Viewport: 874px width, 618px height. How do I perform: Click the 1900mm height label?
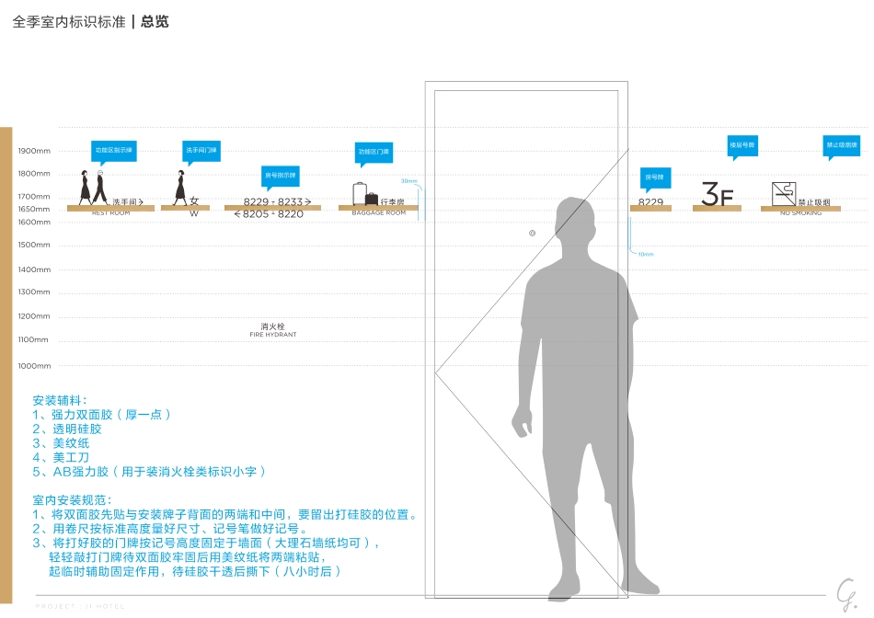coord(34,151)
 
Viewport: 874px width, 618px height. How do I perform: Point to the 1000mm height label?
coord(34,366)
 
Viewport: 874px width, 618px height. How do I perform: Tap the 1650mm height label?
coord(34,210)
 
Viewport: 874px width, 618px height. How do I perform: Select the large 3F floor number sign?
coord(717,194)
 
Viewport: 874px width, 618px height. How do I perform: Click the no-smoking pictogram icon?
coord(783,193)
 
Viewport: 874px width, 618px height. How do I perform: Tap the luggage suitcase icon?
coord(360,194)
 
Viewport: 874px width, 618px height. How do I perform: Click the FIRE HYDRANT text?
coord(272,335)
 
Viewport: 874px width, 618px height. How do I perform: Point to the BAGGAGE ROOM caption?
coord(378,213)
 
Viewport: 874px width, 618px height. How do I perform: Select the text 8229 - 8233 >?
coord(277,201)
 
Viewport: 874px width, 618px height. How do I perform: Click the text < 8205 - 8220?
coord(269,214)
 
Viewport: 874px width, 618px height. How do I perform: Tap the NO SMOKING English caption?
coord(800,213)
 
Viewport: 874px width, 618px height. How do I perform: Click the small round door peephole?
coord(533,234)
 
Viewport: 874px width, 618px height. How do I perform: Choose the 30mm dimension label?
coord(408,181)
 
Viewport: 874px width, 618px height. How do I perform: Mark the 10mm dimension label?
coord(645,254)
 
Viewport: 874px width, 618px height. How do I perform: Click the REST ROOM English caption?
coord(110,213)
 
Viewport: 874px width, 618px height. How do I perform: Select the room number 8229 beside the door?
coord(650,202)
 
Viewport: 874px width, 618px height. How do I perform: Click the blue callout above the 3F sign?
coord(742,145)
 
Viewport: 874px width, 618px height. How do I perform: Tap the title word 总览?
coord(155,22)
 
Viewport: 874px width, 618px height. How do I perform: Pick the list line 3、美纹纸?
coord(61,443)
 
